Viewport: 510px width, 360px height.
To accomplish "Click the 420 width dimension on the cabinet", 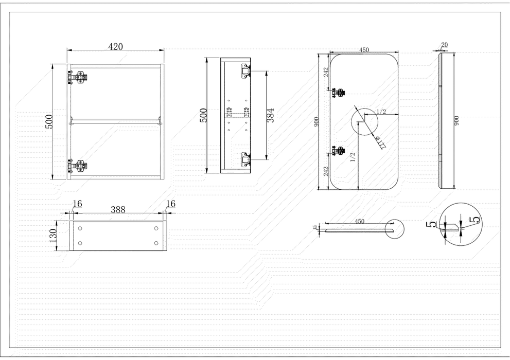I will click(115, 47).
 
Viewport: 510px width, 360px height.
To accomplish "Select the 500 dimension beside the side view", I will click(204, 115).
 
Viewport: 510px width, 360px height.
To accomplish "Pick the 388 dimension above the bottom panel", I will click(118, 210).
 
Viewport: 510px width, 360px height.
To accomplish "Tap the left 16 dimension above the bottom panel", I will click(77, 204).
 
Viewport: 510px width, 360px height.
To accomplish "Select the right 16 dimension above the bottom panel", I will click(170, 204).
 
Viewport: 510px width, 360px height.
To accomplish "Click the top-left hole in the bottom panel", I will click(80, 228).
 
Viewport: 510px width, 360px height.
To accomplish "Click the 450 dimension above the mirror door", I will click(364, 50).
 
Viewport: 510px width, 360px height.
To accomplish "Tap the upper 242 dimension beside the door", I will click(324, 73).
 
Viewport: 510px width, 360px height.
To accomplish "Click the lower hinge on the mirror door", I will click(339, 151).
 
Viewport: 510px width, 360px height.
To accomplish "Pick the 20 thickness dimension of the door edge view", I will click(444, 45).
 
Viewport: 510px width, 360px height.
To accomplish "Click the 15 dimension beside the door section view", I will click(314, 227).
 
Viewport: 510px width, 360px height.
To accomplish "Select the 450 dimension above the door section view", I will click(360, 221).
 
